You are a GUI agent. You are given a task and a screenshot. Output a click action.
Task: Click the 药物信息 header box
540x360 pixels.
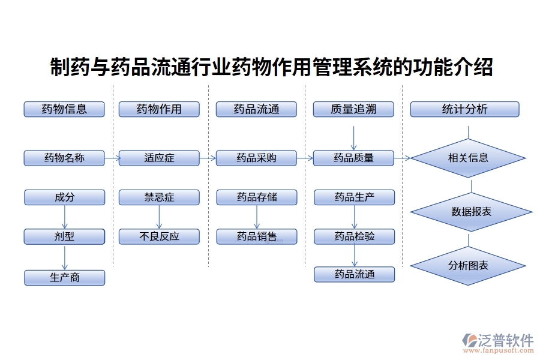64,109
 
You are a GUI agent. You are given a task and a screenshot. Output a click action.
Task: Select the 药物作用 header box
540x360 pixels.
159,109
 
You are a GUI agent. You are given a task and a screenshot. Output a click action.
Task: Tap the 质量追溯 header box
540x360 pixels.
353,109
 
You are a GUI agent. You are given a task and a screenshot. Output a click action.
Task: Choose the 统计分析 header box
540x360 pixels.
464,109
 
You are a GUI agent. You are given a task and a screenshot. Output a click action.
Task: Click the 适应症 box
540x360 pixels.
159,158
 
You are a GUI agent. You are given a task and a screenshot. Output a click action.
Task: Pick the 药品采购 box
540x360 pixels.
256,158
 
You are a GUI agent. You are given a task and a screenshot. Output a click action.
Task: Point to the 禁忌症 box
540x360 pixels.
159,197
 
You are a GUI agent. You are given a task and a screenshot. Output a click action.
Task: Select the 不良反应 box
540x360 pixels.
159,236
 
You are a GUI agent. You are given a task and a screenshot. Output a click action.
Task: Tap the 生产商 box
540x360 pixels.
64,278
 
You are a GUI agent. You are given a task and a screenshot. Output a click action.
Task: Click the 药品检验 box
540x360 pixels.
354,236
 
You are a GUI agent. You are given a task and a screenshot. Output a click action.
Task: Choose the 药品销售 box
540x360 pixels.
256,236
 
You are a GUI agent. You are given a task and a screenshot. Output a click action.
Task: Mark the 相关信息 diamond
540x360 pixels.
468,158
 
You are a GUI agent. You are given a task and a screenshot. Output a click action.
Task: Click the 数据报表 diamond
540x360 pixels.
471,212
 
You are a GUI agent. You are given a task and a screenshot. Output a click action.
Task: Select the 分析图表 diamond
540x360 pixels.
468,265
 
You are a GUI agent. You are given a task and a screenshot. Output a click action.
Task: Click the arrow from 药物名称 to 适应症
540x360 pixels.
112,158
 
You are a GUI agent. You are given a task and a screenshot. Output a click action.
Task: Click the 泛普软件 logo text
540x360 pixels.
505,341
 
